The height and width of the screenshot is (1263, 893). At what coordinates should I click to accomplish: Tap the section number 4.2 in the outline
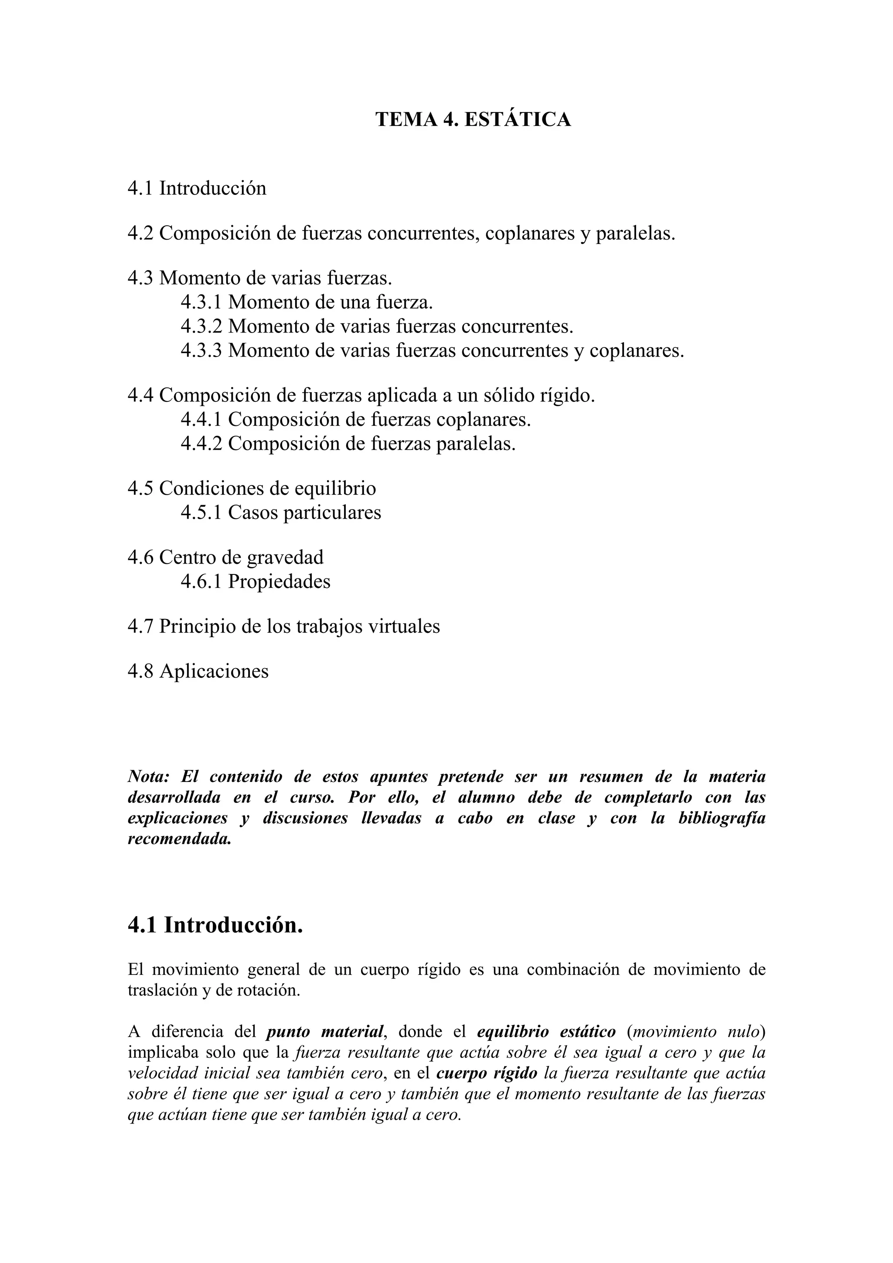(141, 233)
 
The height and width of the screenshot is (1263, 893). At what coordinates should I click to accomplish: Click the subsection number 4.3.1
(201, 302)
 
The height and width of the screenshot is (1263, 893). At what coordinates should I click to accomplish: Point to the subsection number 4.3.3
(201, 350)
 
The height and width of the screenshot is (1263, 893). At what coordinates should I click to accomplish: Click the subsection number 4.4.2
(201, 443)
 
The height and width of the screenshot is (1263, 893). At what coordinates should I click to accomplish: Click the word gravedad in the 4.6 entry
(285, 557)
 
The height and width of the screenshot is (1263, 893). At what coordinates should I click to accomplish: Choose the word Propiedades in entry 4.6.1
(279, 581)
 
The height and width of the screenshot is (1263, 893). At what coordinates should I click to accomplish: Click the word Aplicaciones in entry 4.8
(214, 671)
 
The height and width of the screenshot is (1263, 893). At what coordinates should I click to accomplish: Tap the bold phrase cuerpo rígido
(486, 1073)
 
